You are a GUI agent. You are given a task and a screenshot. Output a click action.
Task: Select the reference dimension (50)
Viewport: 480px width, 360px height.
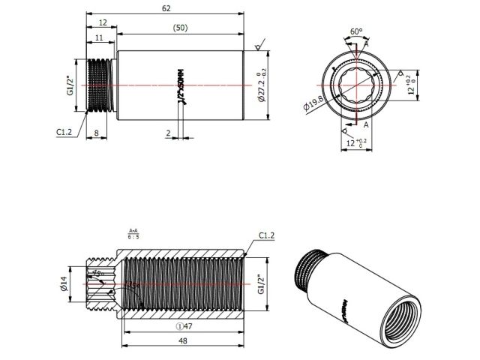pyautogui.click(x=179, y=27)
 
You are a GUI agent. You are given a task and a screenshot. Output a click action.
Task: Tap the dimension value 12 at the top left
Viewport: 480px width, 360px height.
pyautogui.click(x=101, y=23)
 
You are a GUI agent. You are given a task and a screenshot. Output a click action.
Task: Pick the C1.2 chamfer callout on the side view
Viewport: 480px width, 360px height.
pyautogui.click(x=64, y=131)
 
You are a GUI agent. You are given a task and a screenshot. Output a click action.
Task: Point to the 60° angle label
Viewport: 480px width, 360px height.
pyautogui.click(x=356, y=31)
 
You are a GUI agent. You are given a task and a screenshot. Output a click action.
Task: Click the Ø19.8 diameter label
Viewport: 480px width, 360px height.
pyautogui.click(x=313, y=103)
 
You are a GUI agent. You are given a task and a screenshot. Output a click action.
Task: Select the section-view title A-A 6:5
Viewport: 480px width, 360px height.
pyautogui.click(x=133, y=233)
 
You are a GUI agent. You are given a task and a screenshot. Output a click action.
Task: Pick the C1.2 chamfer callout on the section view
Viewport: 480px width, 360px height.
pyautogui.click(x=267, y=235)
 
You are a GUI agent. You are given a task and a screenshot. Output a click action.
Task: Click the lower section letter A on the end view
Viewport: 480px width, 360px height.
pyautogui.click(x=366, y=126)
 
